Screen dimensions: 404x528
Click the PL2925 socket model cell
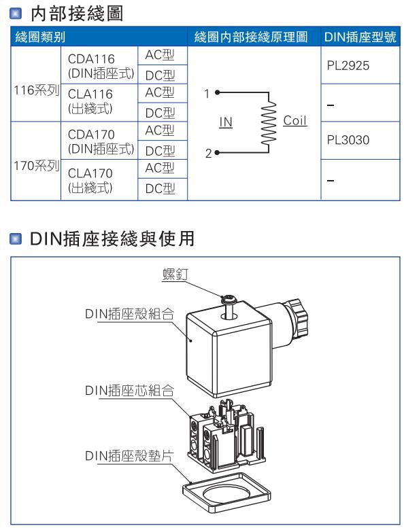(x=348, y=66)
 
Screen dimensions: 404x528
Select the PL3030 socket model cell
(x=348, y=140)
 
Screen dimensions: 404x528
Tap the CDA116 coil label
(x=91, y=59)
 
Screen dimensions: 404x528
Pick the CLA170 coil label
(x=90, y=173)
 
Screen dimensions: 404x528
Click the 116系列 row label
(x=37, y=90)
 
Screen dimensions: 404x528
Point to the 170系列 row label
(x=37, y=166)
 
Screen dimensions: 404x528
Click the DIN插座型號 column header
(x=360, y=37)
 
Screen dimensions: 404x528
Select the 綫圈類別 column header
(x=40, y=37)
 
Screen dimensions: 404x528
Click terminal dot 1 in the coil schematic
(x=218, y=92)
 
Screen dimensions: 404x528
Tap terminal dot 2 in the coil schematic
(x=217, y=152)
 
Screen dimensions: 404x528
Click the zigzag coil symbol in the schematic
(x=269, y=122)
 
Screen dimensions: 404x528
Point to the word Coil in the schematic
(x=294, y=120)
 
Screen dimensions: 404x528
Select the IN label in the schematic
(x=226, y=122)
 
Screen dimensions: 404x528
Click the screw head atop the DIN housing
(x=228, y=299)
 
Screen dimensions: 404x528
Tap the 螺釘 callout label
(x=175, y=275)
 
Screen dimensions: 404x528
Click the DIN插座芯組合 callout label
(x=129, y=391)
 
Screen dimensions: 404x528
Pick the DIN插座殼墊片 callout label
(x=129, y=456)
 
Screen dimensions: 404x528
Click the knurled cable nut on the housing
(x=297, y=317)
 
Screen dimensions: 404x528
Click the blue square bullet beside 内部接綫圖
(x=16, y=14)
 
